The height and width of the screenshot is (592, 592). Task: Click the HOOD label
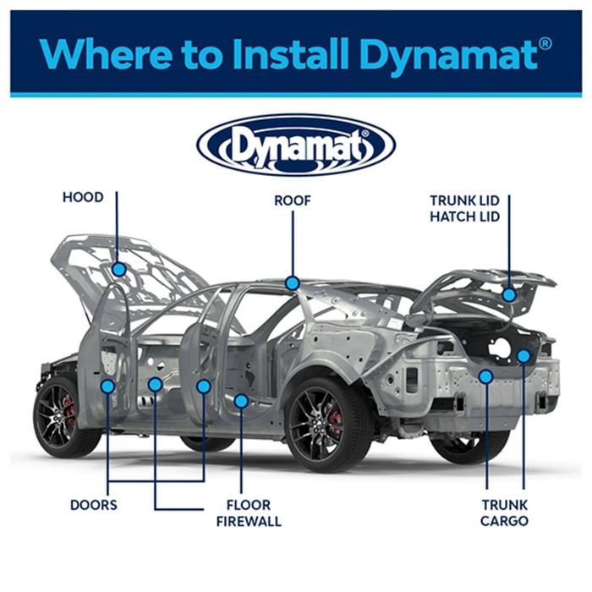coord(83,197)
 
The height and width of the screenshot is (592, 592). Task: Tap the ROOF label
coord(293,200)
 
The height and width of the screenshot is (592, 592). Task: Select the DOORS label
coord(94,505)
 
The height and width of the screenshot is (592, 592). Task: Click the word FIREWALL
coord(249,522)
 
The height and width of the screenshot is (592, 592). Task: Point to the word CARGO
coord(504,521)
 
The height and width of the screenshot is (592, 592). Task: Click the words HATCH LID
coord(465,217)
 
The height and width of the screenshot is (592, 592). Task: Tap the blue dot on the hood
coord(119,270)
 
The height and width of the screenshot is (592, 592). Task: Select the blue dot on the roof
coord(293,282)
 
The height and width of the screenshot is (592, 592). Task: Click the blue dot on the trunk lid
coord(509,295)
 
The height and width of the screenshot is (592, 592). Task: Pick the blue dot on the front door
coord(108,386)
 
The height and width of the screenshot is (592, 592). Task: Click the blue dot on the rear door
coord(204,386)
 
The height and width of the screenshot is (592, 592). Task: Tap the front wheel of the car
coord(64,417)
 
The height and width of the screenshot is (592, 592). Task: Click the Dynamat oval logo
coord(296,145)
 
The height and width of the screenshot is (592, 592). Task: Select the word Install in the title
coord(290,53)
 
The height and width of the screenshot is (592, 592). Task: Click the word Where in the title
coord(107,53)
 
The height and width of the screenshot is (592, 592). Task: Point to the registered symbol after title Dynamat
coord(545,44)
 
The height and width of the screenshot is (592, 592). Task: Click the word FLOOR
coord(249,505)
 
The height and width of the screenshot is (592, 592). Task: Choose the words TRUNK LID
coord(465,200)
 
